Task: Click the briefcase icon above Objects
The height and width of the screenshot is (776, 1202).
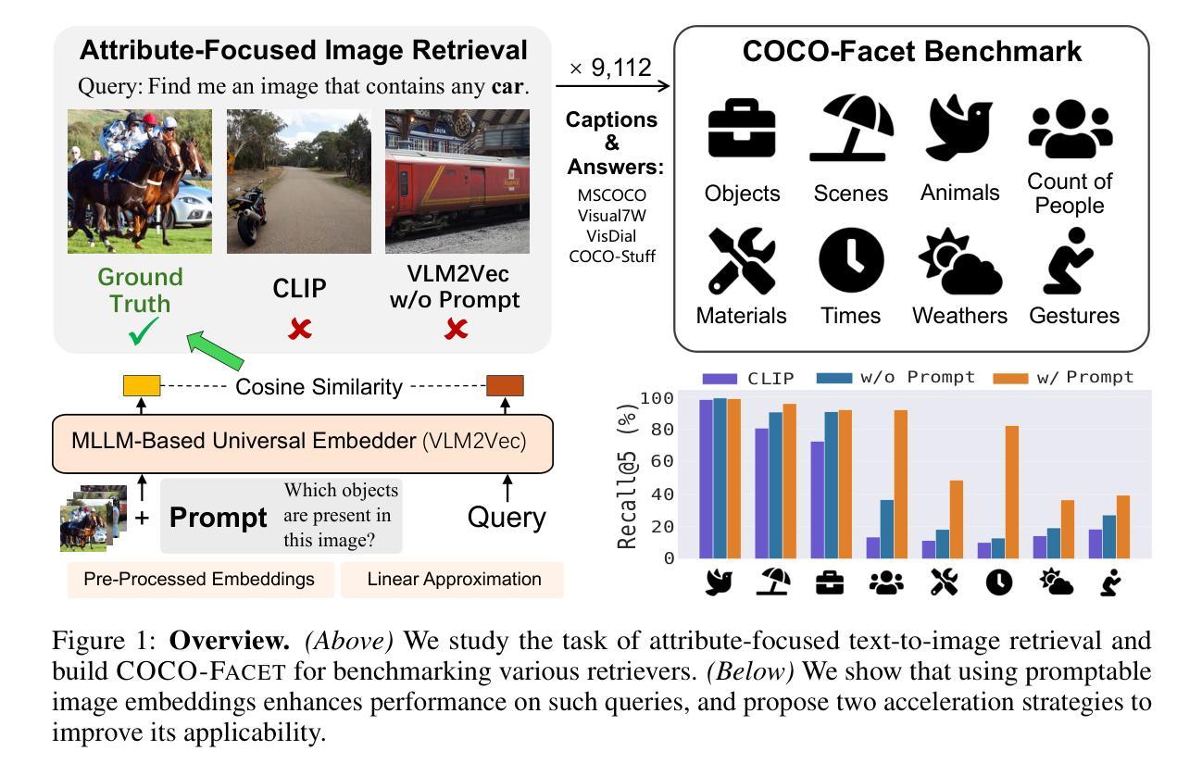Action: pyautogui.click(x=742, y=131)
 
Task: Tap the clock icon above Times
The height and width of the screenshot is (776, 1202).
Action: pyautogui.click(x=851, y=262)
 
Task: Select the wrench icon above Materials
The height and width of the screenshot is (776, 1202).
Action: pyautogui.click(x=742, y=262)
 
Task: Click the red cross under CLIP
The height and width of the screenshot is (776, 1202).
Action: pyautogui.click(x=299, y=329)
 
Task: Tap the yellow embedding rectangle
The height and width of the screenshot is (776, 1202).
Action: pyautogui.click(x=142, y=385)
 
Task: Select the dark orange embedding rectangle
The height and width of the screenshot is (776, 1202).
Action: pyautogui.click(x=506, y=385)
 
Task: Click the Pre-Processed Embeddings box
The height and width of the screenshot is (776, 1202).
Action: pyautogui.click(x=198, y=580)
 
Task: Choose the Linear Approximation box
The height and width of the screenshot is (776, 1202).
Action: pyautogui.click(x=454, y=580)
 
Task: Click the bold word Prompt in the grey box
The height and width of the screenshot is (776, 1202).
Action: pyautogui.click(x=219, y=518)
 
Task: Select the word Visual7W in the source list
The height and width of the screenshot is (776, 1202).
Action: pyautogui.click(x=611, y=216)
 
